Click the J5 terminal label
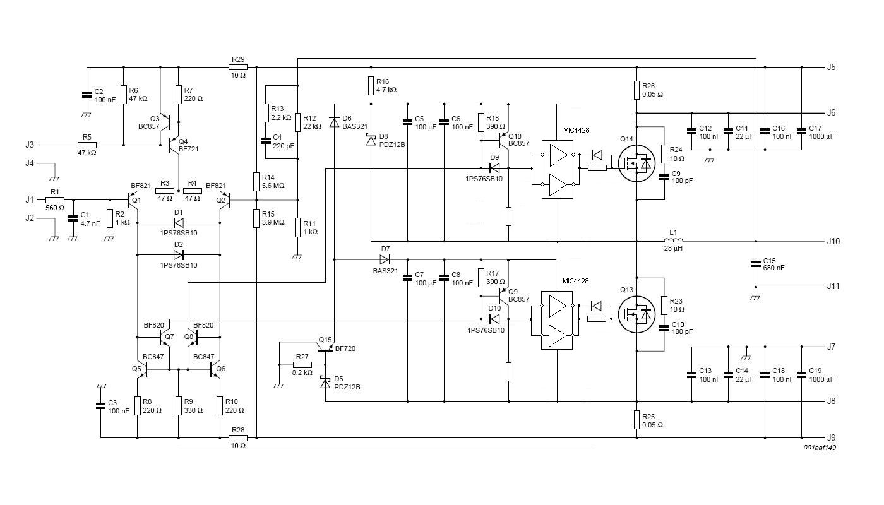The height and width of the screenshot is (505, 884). pos(831,67)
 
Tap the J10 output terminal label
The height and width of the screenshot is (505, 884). pos(833,241)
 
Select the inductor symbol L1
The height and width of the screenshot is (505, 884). pos(673,241)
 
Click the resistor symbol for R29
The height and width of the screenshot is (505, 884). pos(239,68)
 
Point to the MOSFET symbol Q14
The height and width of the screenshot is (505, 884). pos(636,163)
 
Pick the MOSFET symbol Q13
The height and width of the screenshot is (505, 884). pos(636,314)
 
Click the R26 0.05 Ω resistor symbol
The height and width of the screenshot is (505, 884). pos(636,90)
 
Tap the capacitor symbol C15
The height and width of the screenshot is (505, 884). pos(756,264)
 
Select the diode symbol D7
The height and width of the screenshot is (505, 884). pos(385,259)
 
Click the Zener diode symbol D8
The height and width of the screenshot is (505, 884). pos(371,140)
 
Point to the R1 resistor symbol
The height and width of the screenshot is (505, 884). pos(55,200)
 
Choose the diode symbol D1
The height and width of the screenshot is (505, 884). pos(178,223)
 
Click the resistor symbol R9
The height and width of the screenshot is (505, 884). pos(178,406)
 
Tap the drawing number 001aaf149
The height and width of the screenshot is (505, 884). pos(820,448)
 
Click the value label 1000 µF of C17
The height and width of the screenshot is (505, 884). pos(821,136)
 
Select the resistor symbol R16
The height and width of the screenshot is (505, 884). pos(371,86)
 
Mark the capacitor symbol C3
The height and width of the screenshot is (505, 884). pos(100,406)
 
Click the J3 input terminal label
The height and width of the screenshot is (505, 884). pos(30,145)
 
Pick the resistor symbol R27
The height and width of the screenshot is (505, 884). pos(302,365)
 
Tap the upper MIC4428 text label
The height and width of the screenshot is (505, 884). pos(576,130)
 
